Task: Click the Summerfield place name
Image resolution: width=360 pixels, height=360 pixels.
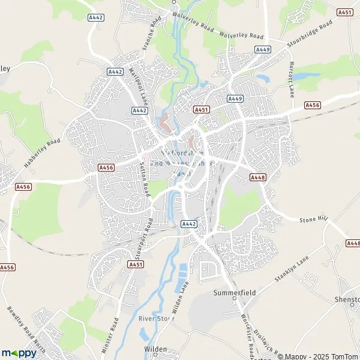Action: click(235, 293)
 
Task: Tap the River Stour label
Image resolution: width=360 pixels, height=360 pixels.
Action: click(156, 319)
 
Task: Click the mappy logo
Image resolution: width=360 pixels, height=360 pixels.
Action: click(19, 353)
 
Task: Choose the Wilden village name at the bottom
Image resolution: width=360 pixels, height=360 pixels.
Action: click(155, 349)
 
